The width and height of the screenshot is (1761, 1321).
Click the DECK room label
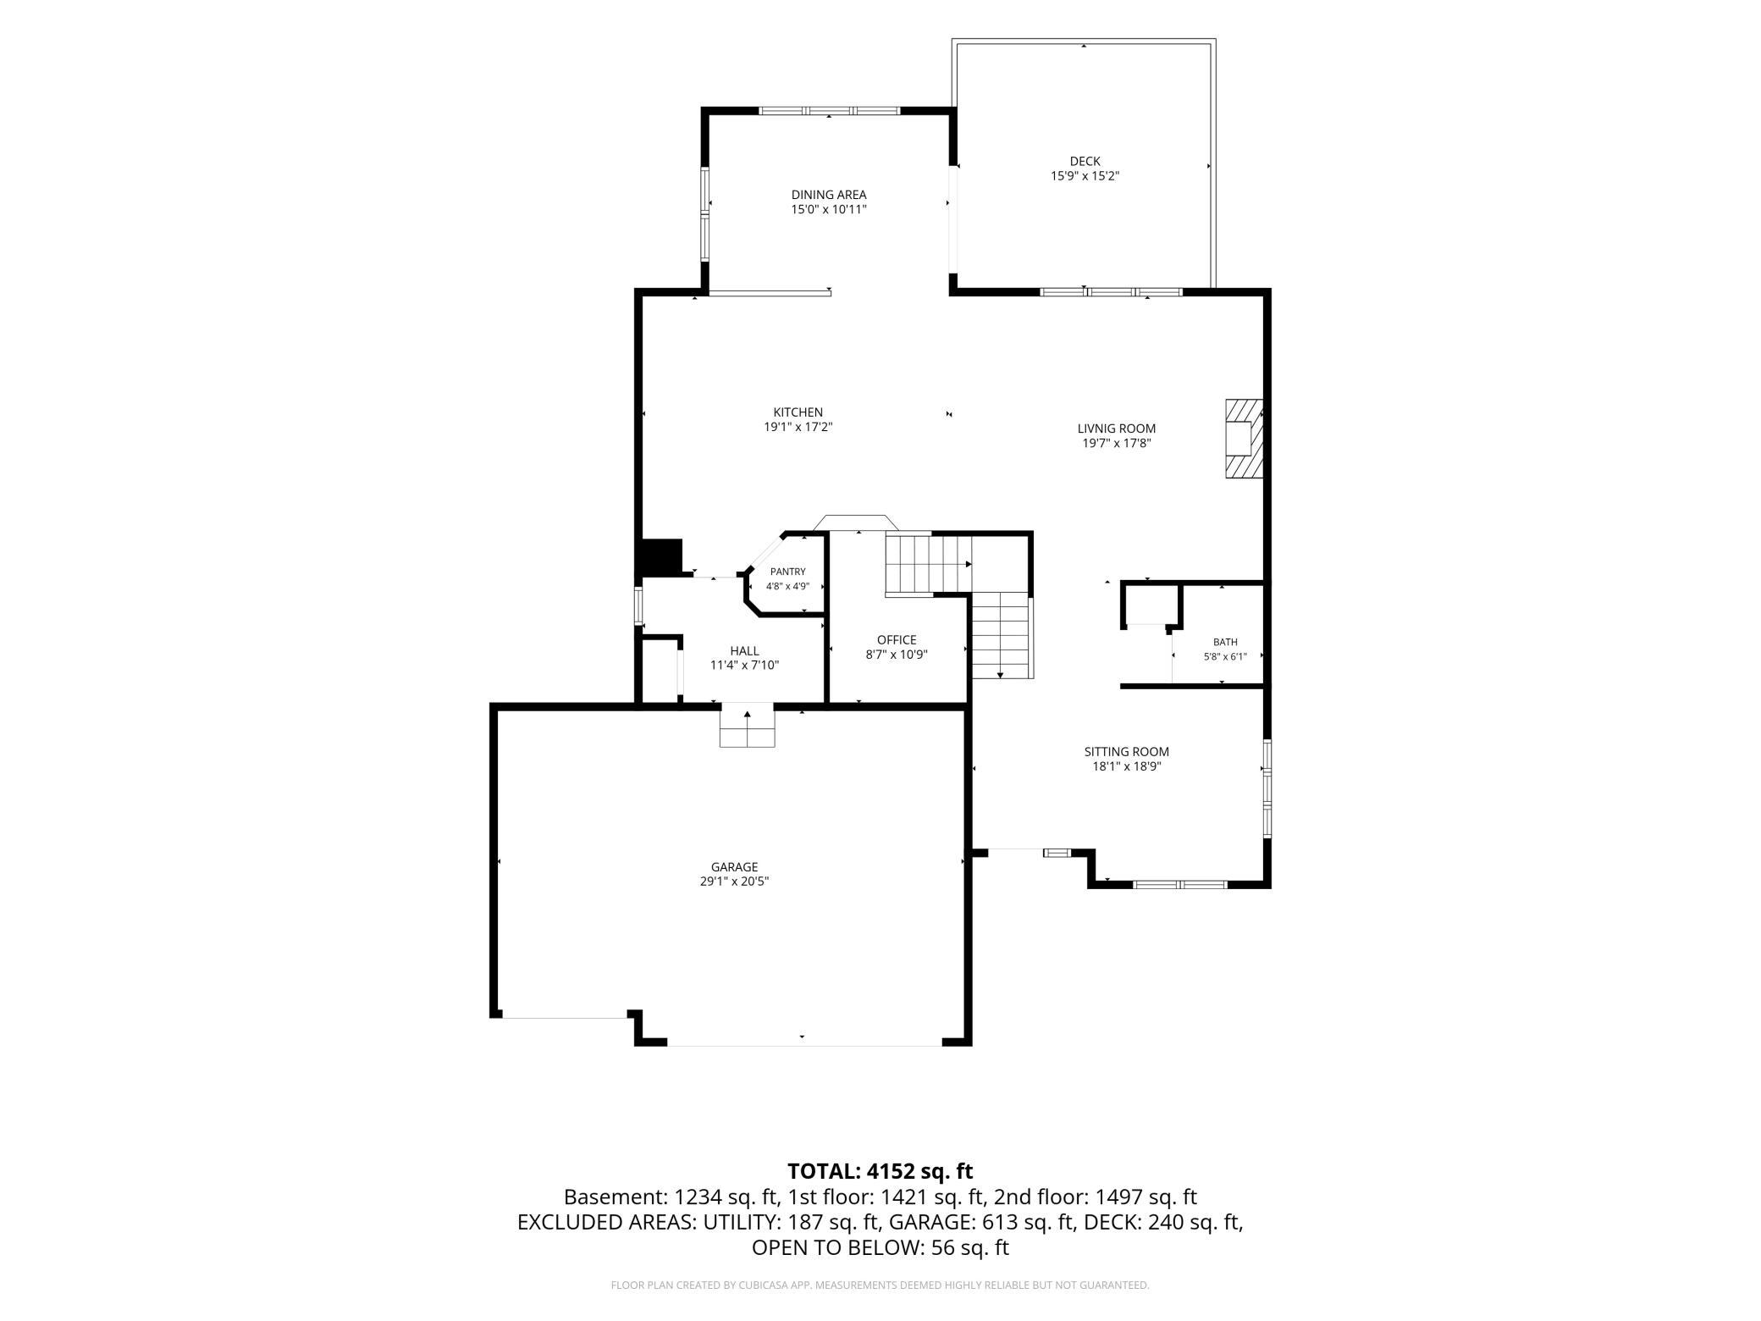[1085, 161]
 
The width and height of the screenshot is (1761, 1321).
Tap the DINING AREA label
[829, 195]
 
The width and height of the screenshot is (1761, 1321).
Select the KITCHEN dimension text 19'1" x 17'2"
[798, 428]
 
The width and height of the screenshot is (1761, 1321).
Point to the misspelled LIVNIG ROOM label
[1116, 428]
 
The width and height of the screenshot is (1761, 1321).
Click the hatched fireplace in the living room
[1244, 439]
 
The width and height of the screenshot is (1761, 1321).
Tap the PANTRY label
[787, 572]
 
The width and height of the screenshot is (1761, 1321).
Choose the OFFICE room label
[897, 640]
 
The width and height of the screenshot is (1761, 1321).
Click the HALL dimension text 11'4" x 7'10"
[744, 666]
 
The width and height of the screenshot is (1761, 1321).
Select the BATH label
[1225, 642]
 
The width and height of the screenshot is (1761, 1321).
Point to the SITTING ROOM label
[1126, 752]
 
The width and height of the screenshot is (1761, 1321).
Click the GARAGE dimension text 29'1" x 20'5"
[734, 882]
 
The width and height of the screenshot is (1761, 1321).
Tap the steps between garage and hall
[747, 727]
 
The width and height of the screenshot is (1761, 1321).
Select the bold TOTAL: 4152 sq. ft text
[880, 1171]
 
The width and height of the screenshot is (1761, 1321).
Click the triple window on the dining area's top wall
[829, 110]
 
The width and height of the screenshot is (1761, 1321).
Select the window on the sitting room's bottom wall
[1180, 884]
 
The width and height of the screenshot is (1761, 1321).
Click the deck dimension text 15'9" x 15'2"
[1085, 176]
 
